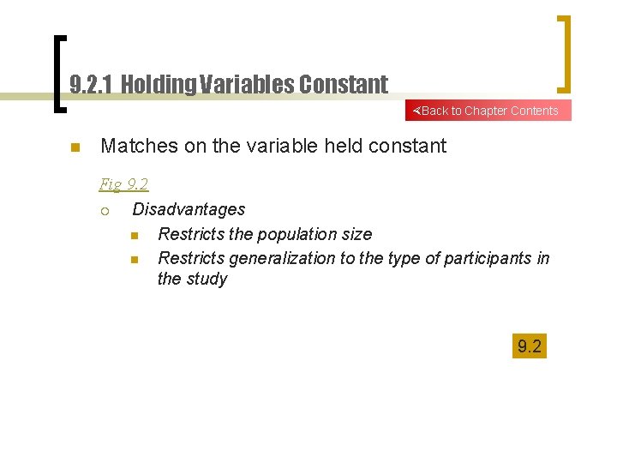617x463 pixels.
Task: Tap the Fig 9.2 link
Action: click(123, 183)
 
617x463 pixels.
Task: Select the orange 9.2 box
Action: click(529, 346)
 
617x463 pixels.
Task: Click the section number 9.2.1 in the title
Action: click(92, 84)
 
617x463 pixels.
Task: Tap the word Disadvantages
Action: click(189, 209)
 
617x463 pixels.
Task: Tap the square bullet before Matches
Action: click(75, 147)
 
